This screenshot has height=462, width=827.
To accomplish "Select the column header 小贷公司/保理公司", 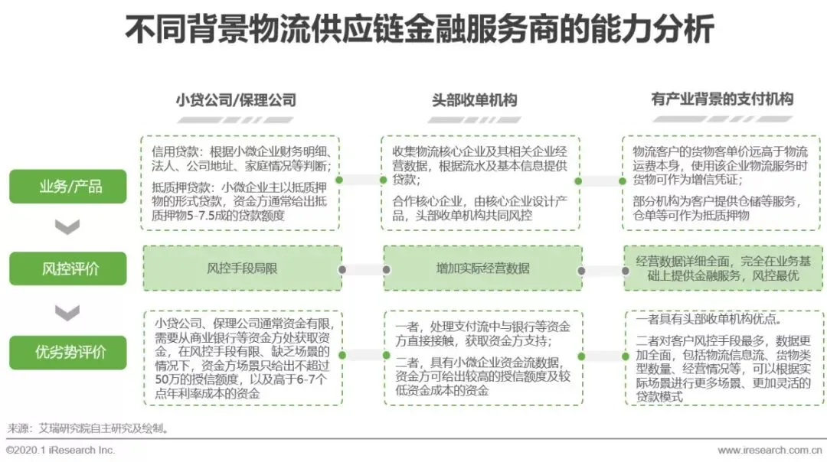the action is pyautogui.click(x=235, y=100).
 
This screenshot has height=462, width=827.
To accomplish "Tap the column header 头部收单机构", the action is pyautogui.click(x=474, y=100).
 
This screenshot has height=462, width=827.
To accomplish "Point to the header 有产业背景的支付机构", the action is pyautogui.click(x=721, y=99).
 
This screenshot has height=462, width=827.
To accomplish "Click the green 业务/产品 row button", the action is pyautogui.click(x=67, y=186).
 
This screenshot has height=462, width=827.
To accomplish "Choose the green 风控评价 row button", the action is pyautogui.click(x=67, y=268).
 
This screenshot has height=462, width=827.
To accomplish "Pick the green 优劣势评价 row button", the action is pyautogui.click(x=67, y=352).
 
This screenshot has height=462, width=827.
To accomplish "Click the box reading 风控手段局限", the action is pyautogui.click(x=241, y=268).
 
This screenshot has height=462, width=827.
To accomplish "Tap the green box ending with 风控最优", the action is pyautogui.click(x=723, y=268).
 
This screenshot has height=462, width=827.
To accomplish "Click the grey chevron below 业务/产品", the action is pyautogui.click(x=67, y=227).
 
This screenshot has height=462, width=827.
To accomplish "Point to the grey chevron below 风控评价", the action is pyautogui.click(x=67, y=311).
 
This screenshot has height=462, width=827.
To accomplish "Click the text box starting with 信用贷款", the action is pyautogui.click(x=241, y=183).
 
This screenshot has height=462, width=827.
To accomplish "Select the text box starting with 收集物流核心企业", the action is pyautogui.click(x=481, y=183).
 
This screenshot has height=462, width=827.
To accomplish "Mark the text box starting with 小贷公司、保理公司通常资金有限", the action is pyautogui.click(x=242, y=358).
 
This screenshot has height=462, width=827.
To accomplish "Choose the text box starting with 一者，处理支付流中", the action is pyautogui.click(x=482, y=358).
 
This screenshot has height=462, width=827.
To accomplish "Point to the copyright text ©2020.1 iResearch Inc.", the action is pyautogui.click(x=60, y=451).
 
